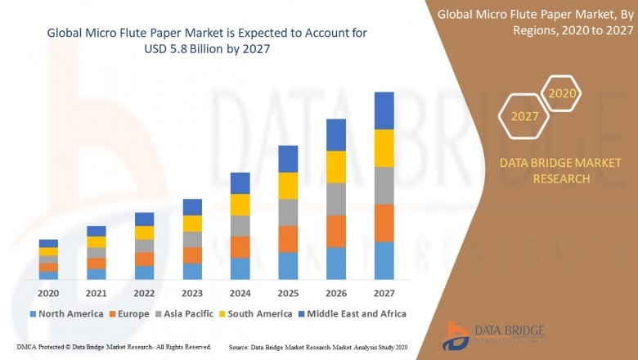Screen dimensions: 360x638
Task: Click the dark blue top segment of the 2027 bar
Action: tap(384, 110)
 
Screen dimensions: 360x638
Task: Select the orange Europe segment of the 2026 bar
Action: tap(336, 232)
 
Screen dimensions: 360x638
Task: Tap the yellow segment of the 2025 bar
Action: tap(288, 186)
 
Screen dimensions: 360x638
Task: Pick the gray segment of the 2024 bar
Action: tap(240, 226)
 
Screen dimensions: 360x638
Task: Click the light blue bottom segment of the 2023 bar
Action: tap(192, 271)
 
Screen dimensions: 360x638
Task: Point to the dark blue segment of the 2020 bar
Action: tap(48, 243)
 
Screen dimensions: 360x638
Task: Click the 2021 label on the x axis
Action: tap(97, 293)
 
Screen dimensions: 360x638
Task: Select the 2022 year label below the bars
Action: tap(144, 293)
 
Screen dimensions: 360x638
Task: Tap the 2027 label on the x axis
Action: tap(384, 293)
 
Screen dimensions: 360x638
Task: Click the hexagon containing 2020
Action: tap(562, 93)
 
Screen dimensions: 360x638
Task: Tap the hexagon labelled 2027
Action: tap(524, 116)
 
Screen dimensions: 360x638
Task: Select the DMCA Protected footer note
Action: tap(114, 347)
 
